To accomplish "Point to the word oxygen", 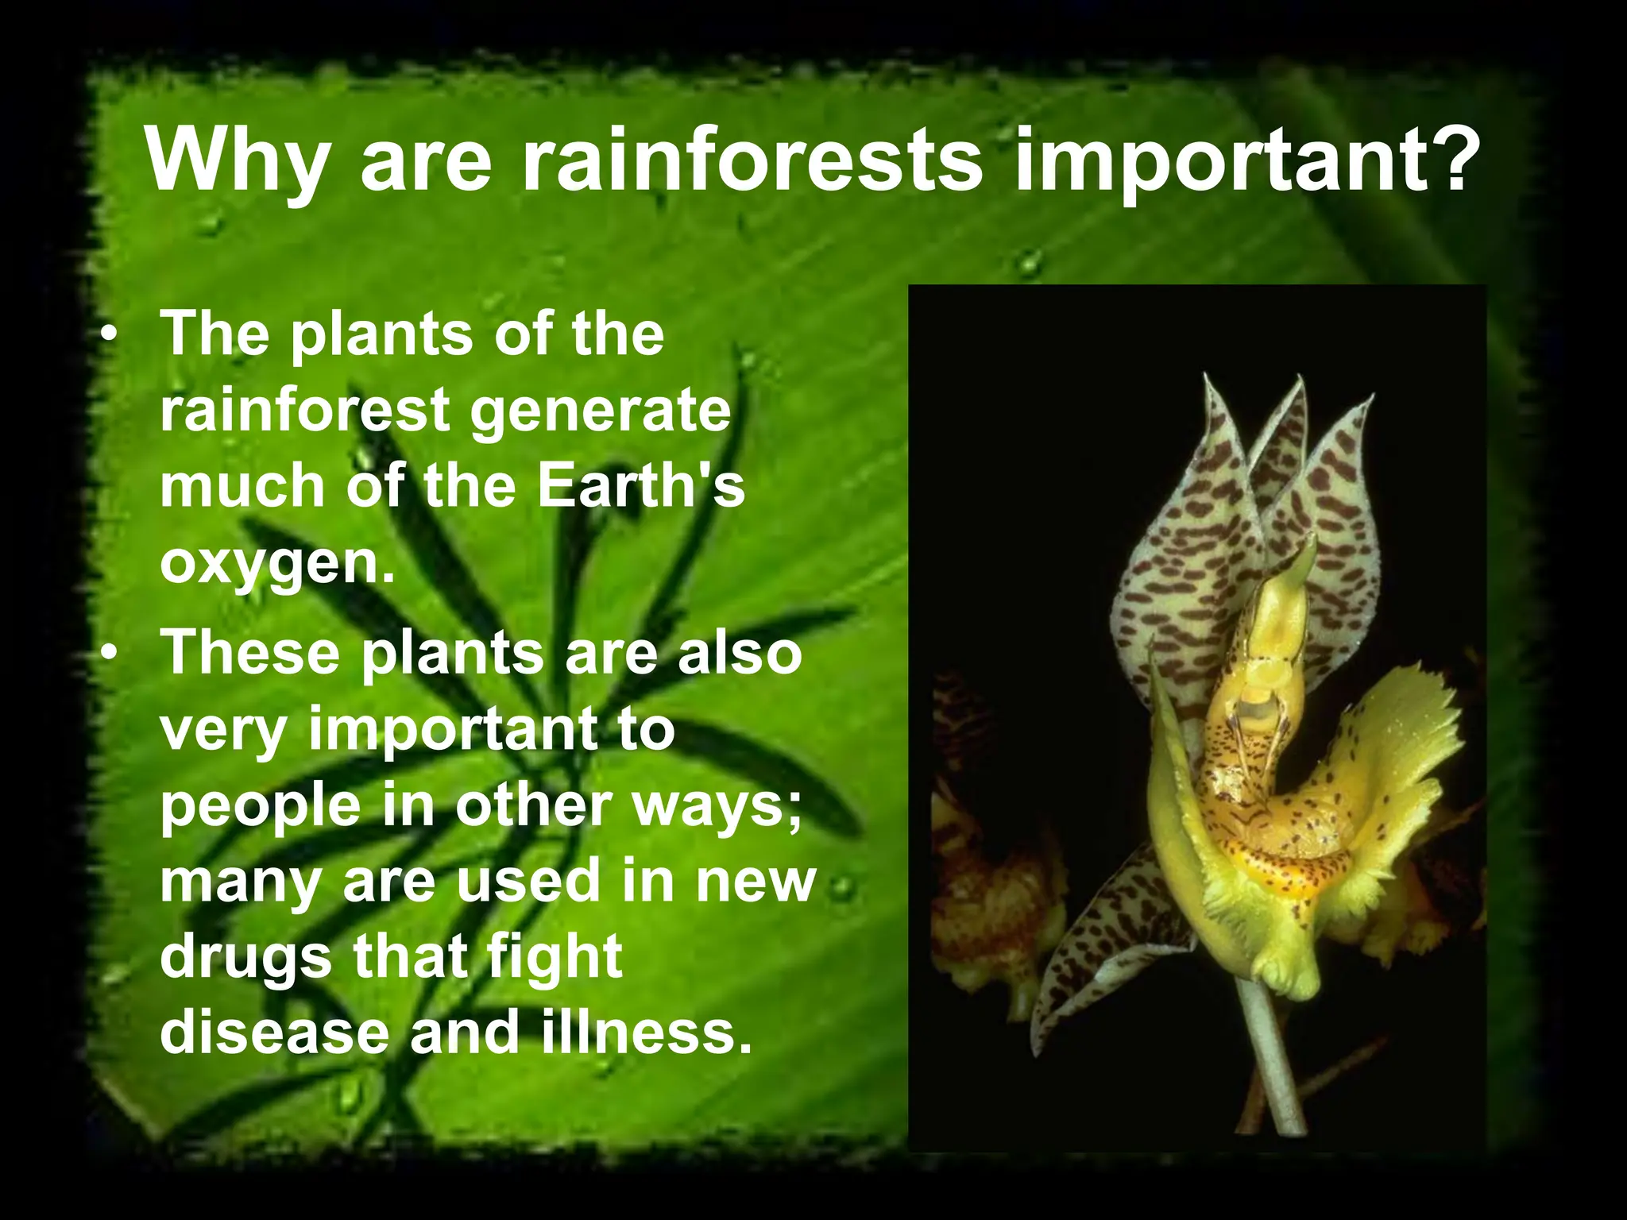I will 276,566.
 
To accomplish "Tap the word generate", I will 599,411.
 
